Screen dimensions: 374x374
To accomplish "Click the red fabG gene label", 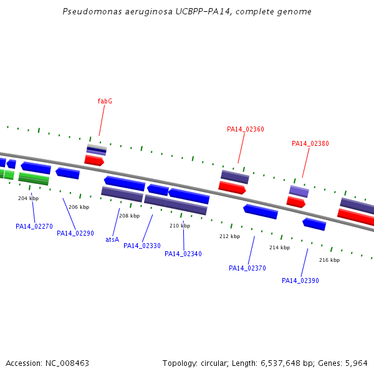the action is click(x=105, y=101).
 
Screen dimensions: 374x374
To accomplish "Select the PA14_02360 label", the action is click(x=246, y=129).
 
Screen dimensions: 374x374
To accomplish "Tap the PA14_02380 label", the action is click(x=310, y=143).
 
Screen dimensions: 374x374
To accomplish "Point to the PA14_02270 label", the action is click(x=34, y=226).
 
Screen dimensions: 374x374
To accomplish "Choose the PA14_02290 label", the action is click(x=75, y=233).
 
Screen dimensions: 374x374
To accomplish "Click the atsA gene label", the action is click(x=112, y=239).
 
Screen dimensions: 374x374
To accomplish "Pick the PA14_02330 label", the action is click(x=142, y=246).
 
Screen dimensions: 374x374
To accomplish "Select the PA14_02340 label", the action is click(x=183, y=254).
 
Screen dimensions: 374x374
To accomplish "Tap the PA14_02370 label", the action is click(x=247, y=268).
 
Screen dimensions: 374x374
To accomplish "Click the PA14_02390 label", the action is click(x=300, y=280).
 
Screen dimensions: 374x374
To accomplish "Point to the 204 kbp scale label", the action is click(x=29, y=198).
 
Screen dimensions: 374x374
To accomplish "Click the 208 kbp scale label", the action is click(x=129, y=216).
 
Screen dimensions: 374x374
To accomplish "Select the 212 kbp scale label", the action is click(x=229, y=236).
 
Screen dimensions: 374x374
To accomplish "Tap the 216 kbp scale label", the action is click(x=329, y=260).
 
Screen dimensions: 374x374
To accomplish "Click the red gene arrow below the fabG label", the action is click(x=94, y=160).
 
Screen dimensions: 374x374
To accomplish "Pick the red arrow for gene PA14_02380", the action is click(x=295, y=202).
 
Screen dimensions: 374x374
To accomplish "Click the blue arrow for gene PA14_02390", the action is click(x=314, y=224).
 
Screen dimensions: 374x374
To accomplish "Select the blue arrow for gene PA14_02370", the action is click(x=261, y=211).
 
